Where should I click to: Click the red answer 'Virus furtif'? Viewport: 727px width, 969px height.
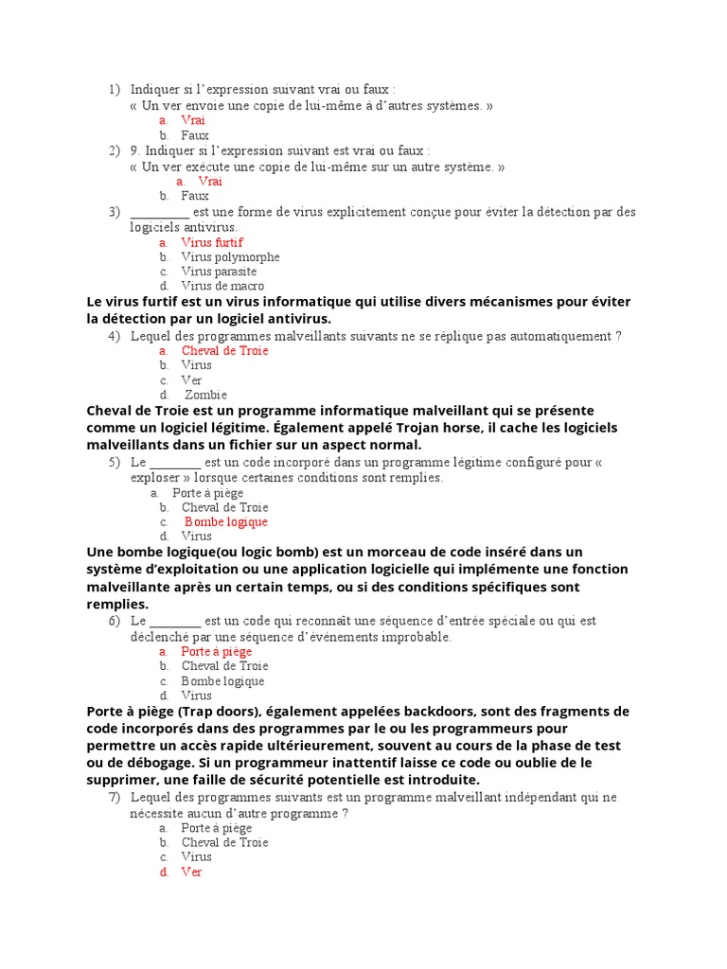click(x=212, y=242)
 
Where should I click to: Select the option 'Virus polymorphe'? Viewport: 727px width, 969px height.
click(x=230, y=256)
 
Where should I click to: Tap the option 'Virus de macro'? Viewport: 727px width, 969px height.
click(x=222, y=286)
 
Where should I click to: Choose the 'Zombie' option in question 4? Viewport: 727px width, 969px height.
click(x=205, y=395)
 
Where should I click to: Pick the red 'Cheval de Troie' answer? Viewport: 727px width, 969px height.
click(x=225, y=350)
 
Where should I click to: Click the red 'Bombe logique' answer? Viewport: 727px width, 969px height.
click(x=226, y=521)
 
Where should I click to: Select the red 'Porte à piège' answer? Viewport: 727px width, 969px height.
click(x=217, y=651)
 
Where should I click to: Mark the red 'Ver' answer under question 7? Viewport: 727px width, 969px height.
click(x=192, y=872)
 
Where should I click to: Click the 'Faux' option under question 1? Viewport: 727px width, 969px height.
click(x=195, y=135)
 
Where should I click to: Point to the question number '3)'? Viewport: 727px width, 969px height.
click(x=115, y=212)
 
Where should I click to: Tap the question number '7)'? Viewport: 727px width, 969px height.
click(x=115, y=797)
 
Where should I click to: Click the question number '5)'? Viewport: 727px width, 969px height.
click(x=115, y=462)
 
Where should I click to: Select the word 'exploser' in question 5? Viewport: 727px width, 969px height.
click(x=154, y=478)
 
